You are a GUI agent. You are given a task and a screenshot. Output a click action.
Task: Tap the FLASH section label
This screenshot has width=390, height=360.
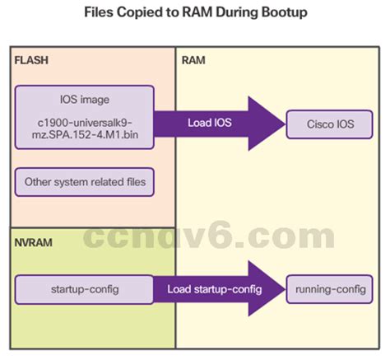pos(30,61)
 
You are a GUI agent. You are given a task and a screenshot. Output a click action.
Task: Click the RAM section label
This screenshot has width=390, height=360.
pos(193,61)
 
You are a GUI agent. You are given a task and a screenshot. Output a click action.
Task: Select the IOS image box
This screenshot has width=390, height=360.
pos(84,118)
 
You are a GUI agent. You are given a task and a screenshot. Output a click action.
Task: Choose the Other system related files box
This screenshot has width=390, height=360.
pos(84,182)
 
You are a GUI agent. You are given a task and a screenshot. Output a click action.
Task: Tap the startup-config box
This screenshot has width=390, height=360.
pos(83,290)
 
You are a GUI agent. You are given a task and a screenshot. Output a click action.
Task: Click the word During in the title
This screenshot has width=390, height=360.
pos(226,13)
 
